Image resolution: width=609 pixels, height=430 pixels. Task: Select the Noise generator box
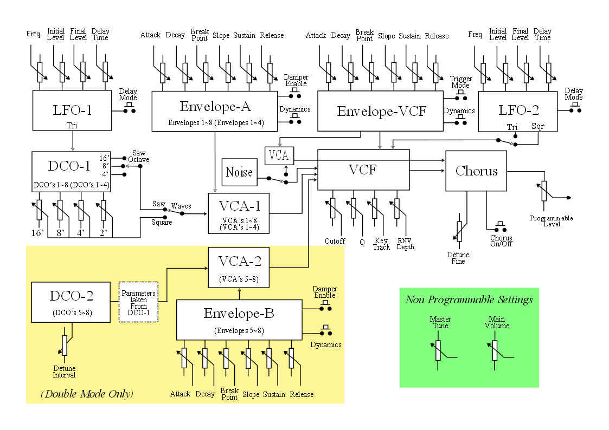pos(239,172)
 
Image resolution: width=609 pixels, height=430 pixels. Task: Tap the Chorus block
pos(476,171)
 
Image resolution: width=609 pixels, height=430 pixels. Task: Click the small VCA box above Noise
pos(279,155)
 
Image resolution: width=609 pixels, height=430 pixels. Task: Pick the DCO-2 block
pos(72,301)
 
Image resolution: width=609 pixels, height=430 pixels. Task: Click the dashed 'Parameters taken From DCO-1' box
pos(138,302)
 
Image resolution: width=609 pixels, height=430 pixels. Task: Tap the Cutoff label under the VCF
pos(335,241)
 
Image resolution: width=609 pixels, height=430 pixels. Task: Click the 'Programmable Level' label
pos(552,221)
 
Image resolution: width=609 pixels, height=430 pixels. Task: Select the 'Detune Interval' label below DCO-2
pos(65,372)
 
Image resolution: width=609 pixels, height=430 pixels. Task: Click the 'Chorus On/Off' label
pos(501,242)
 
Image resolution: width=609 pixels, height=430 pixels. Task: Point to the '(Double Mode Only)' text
pos(87,394)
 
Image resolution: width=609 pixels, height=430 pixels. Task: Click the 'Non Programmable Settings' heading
pos(469,299)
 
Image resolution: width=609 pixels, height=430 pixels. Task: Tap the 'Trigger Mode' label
pos(461,82)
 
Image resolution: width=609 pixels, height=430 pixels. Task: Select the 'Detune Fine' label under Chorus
pos(458,258)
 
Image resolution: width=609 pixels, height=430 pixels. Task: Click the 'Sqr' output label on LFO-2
pos(539,127)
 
